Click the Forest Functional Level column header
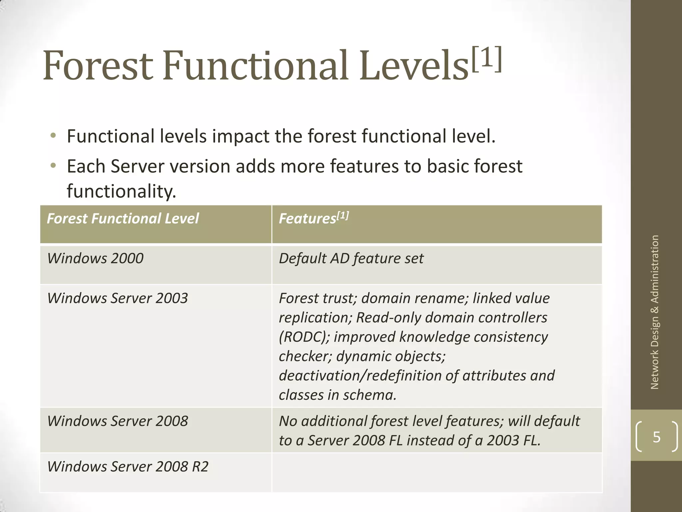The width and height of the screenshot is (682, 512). [123, 219]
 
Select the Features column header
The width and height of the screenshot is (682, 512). [313, 219]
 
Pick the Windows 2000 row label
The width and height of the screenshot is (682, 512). [95, 258]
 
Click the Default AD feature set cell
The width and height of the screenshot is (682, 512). [351, 258]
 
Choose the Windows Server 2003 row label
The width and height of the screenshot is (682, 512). [117, 298]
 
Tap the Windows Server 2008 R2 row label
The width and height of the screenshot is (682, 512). [128, 466]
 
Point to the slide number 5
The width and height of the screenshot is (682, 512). [656, 437]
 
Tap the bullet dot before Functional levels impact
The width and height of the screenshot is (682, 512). [53, 136]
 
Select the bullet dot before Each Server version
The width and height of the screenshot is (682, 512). [53, 166]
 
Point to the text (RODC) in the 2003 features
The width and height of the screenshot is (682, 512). [304, 337]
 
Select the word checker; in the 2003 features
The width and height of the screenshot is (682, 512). [305, 356]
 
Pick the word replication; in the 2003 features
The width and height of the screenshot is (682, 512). [315, 318]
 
